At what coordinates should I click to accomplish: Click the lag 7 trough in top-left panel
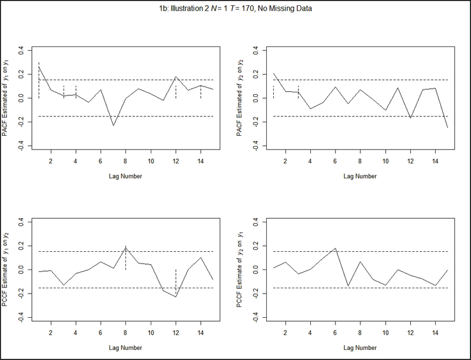113,125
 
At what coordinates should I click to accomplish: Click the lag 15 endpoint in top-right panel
448,128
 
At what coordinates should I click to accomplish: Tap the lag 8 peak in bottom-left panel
125,247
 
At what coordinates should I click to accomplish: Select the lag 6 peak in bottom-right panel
336,248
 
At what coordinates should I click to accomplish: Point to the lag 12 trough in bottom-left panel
175,296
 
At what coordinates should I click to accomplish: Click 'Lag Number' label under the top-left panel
125,176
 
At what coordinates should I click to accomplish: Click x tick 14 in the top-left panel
201,161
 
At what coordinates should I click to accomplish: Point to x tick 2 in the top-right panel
286,161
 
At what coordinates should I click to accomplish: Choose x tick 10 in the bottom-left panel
151,332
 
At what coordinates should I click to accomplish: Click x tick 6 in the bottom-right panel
336,332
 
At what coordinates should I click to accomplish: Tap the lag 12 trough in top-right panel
410,118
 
